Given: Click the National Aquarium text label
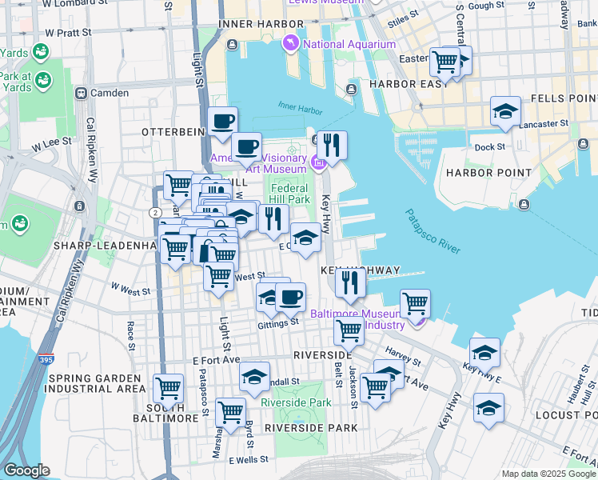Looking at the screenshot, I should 349,44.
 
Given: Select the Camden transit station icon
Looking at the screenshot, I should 81,93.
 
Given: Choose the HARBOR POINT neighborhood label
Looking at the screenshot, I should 488,172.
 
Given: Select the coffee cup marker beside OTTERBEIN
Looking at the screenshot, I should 222,122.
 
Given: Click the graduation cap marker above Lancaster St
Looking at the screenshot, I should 505,111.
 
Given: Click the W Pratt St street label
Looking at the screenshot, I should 68,33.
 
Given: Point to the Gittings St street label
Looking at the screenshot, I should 277,323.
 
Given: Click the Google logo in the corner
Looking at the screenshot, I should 27,470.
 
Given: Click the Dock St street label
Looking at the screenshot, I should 489,146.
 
